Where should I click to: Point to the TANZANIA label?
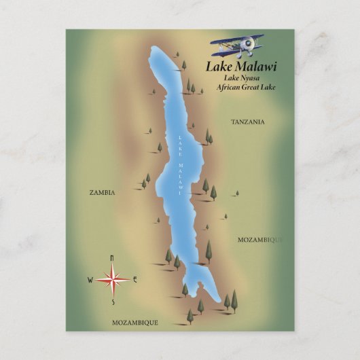[x=247, y=122]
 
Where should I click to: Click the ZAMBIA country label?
[x=102, y=192]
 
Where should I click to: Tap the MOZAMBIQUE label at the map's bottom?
[x=134, y=322]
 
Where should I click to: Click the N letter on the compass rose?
[x=112, y=256]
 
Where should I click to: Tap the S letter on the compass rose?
[x=113, y=302]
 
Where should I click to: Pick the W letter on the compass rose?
[x=90, y=279]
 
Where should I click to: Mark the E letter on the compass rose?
[x=135, y=278]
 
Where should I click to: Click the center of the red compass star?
[x=112, y=278]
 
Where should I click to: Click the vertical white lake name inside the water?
[x=180, y=163]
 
